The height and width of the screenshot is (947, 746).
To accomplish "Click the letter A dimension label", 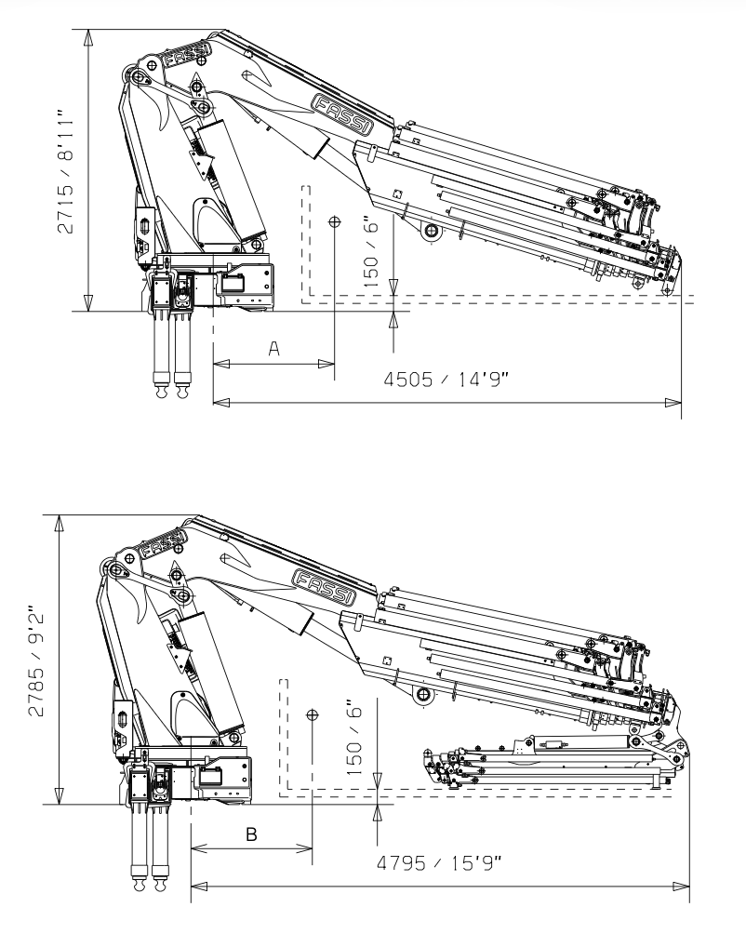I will [274, 348].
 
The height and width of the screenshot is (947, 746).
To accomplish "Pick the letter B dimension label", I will [251, 834].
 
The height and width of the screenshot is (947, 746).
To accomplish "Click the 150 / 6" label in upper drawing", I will [372, 249].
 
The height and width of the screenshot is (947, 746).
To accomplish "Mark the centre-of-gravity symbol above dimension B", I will [312, 714].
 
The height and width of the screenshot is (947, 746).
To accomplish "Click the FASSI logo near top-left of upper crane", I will [183, 60].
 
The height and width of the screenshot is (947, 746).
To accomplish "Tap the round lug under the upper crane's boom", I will [431, 232].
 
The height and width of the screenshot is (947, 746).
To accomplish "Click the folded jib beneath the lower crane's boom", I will [549, 764].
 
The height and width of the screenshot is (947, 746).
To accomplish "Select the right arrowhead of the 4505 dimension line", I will [675, 403].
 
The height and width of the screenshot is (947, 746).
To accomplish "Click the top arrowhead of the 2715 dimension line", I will [87, 37].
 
